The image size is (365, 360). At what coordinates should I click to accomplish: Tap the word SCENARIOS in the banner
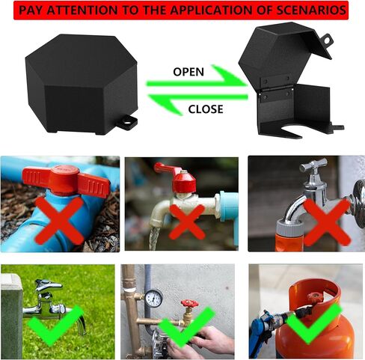307,10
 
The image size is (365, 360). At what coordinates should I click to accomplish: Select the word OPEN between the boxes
188,72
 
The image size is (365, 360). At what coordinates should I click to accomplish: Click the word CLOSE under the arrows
205,109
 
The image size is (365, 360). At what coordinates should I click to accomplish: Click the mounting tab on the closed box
128,120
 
